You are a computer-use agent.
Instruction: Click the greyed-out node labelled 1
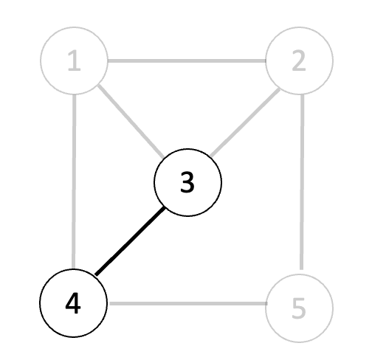coord(74,60)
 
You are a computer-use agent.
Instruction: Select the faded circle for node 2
coord(299,60)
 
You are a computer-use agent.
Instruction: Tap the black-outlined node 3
coord(187,182)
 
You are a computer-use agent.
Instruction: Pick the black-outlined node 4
coord(74,303)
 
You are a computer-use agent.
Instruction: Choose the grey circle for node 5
coord(299,308)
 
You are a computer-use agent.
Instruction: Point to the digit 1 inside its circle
coord(74,60)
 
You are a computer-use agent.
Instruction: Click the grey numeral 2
coord(299,60)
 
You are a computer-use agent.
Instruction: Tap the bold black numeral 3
coord(187,182)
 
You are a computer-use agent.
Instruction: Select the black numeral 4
coord(73,303)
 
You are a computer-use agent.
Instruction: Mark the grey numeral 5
coord(299,308)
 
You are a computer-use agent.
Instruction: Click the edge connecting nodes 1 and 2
coord(187,60)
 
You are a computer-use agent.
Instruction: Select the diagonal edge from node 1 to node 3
coord(131,122)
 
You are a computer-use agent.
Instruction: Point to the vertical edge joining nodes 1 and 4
coord(74,181)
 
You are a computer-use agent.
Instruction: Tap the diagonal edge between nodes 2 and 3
coord(245,122)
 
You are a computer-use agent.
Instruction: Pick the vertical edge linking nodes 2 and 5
coord(302,182)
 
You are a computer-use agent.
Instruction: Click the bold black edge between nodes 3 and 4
coord(130,241)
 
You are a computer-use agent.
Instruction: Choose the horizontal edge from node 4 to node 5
coord(188,304)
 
